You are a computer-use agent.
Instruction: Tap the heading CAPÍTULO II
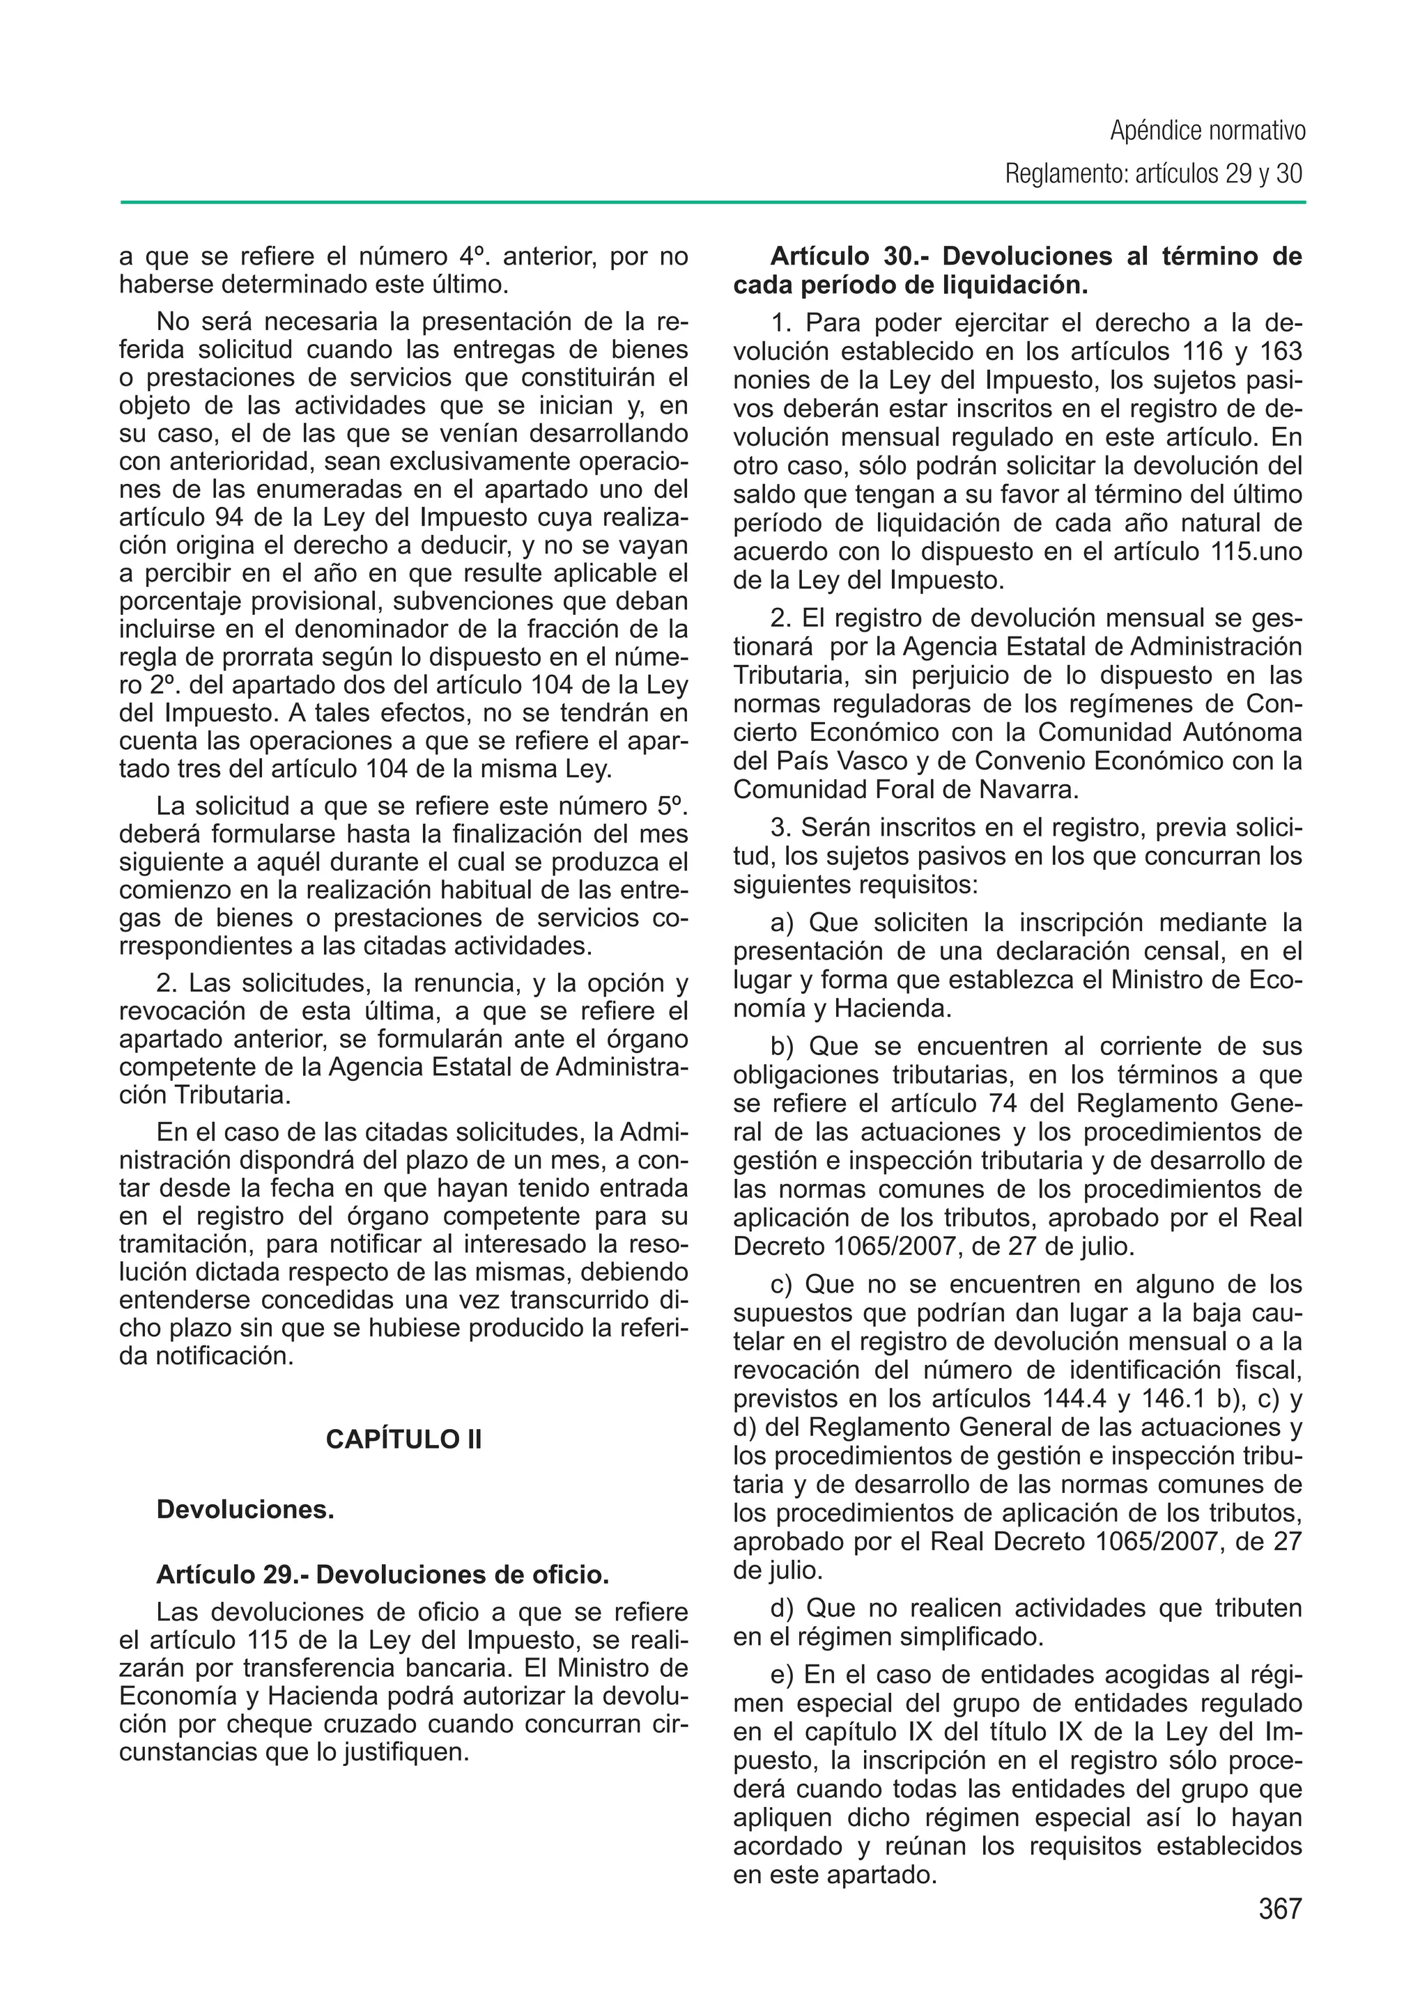coord(403,1439)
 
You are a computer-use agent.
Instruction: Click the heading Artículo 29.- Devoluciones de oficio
coord(383,1575)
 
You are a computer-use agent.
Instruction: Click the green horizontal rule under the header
coord(713,203)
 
